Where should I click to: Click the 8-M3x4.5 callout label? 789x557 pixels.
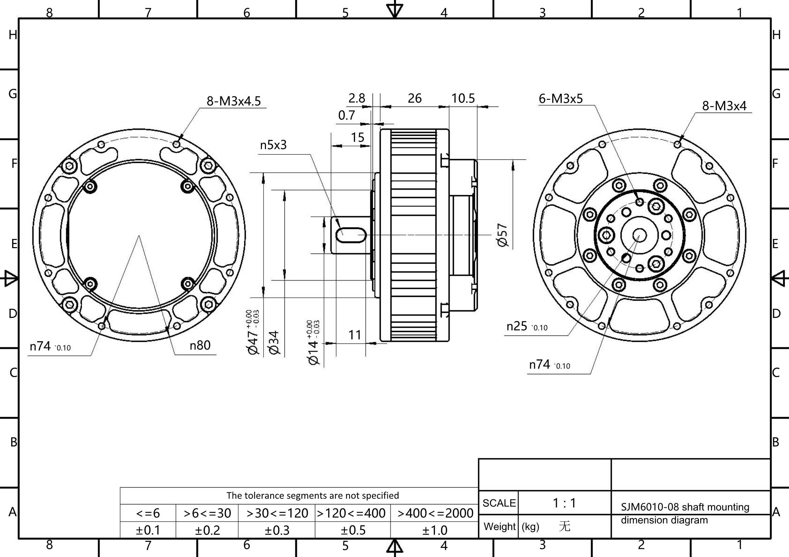[x=234, y=101]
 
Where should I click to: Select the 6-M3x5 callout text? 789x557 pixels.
[x=561, y=98]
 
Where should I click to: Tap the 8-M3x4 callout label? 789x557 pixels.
[x=725, y=106]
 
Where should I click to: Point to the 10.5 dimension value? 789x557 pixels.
[x=463, y=98]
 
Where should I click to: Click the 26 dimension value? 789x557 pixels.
[x=415, y=98]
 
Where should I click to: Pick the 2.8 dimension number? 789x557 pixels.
[x=357, y=98]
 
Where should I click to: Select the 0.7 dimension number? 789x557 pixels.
[x=346, y=115]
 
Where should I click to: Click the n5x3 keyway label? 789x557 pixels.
[x=273, y=145]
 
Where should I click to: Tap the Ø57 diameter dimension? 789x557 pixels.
[x=502, y=235]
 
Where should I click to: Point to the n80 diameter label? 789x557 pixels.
[x=200, y=345]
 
